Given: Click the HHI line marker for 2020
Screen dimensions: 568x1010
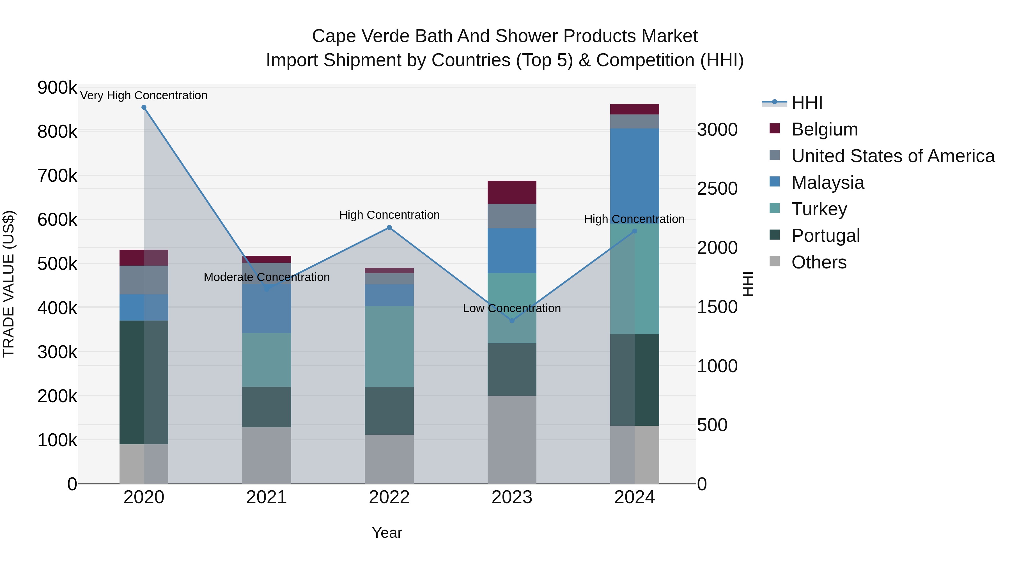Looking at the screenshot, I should (144, 107).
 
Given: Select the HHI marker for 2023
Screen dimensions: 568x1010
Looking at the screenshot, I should (512, 321).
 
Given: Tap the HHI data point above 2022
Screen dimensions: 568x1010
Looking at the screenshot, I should (389, 227).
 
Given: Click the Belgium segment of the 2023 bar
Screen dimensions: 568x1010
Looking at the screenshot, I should (512, 192).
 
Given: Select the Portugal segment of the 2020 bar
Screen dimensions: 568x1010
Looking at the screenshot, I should (144, 382).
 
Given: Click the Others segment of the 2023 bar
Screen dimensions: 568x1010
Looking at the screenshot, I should (512, 439).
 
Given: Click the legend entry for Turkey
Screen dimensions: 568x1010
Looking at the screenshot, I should (819, 209).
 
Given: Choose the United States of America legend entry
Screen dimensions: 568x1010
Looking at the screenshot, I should (892, 156).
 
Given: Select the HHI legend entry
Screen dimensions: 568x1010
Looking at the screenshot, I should (807, 103).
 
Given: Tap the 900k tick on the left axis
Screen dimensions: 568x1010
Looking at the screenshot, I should (57, 88).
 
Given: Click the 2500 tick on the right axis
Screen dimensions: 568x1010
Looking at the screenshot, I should (717, 188).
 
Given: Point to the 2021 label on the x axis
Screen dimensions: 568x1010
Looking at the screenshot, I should (266, 497).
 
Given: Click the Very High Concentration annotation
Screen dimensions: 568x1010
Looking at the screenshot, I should (144, 95).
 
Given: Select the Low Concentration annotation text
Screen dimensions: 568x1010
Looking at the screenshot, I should (512, 308).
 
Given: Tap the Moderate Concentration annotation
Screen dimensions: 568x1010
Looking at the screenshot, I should (267, 277).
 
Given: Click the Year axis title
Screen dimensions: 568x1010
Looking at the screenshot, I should (387, 533).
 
